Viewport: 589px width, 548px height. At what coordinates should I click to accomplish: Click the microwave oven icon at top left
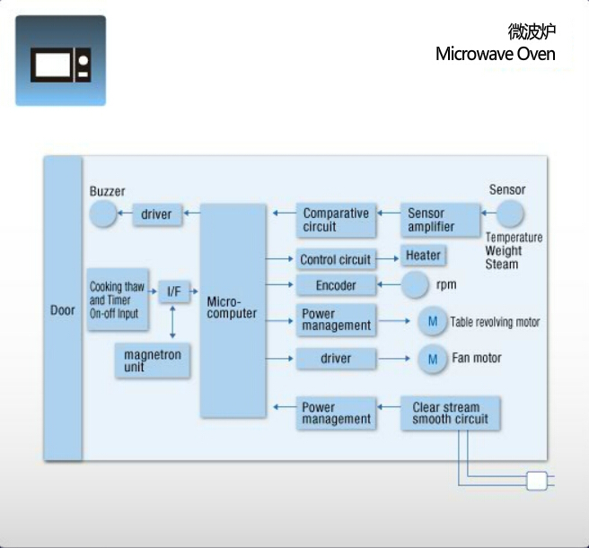pos(60,61)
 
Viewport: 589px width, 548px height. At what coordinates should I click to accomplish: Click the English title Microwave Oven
pos(495,54)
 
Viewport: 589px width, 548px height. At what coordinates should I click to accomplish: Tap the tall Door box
pos(63,309)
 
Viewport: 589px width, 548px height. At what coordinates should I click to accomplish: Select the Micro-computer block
pos(233,310)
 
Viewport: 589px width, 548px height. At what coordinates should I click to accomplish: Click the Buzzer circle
pos(104,214)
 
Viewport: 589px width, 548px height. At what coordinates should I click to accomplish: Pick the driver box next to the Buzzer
pos(156,214)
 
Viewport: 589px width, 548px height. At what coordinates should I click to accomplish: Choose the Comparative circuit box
pos(336,220)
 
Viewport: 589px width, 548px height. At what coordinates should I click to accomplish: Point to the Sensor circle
pos(509,214)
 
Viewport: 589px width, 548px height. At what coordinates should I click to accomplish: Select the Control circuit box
pos(335,259)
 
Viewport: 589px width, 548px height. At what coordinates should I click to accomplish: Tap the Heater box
pos(423,256)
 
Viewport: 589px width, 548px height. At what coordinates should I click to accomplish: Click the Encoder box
pos(335,285)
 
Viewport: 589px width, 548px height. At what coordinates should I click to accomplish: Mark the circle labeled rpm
pos(415,285)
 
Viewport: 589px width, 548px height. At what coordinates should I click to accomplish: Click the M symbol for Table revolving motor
pos(432,321)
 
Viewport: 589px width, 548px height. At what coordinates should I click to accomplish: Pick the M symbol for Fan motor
pos(432,359)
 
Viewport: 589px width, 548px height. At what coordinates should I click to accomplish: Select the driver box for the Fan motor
pos(335,359)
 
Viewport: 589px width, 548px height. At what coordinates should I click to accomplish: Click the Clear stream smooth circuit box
pos(450,413)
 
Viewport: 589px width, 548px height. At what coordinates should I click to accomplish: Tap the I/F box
pos(173,291)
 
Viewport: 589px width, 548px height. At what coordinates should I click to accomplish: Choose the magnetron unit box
pos(153,361)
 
